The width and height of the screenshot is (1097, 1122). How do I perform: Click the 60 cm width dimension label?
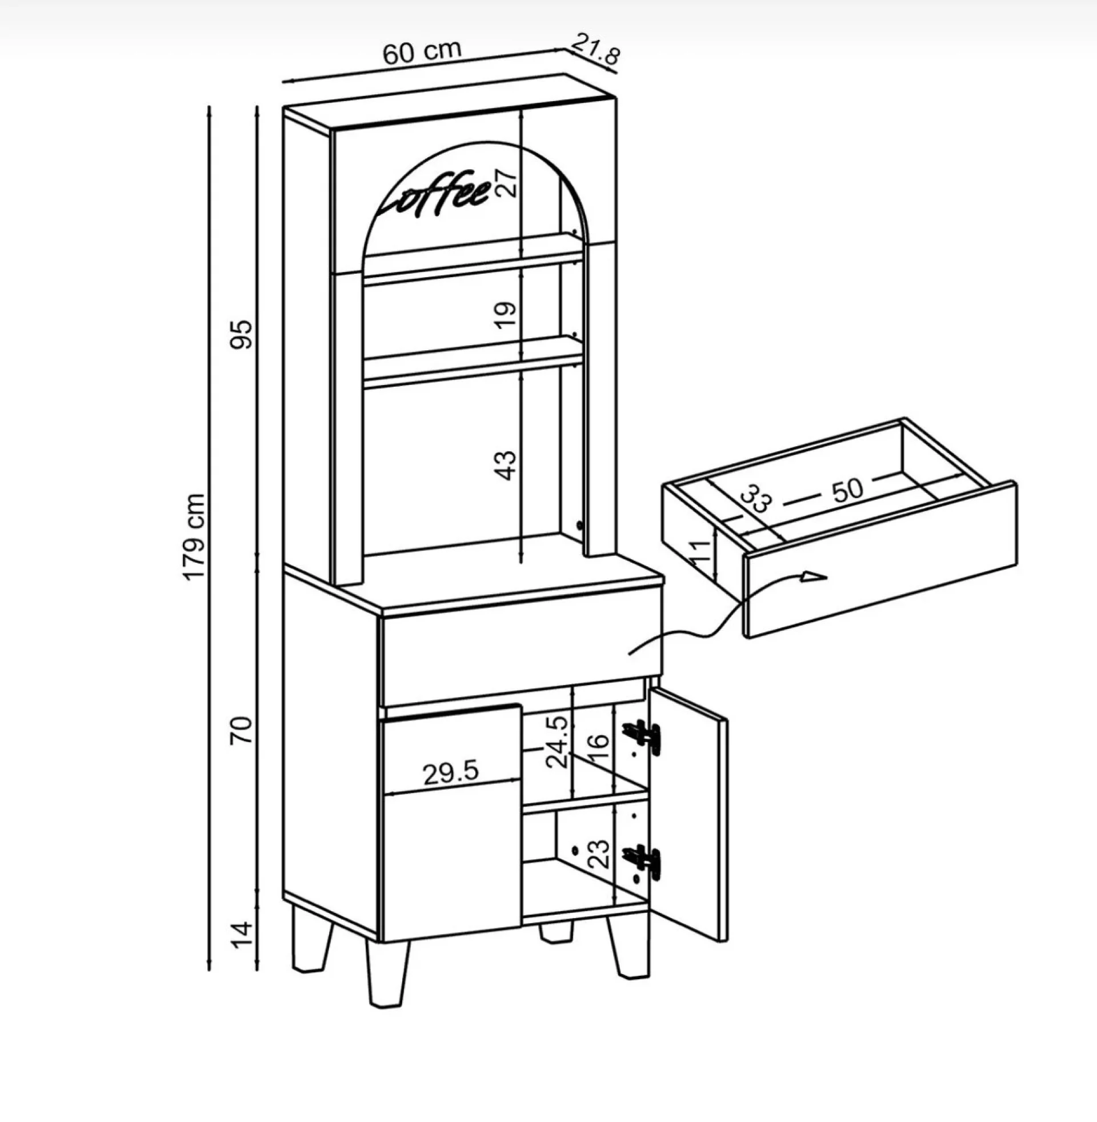[422, 51]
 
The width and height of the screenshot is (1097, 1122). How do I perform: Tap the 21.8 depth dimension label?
[596, 49]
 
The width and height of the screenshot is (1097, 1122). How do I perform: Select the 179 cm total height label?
[195, 537]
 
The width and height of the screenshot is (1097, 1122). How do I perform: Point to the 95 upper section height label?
[242, 334]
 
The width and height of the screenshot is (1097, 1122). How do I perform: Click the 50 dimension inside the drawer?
[847, 489]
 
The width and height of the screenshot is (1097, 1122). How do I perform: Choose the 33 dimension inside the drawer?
[755, 499]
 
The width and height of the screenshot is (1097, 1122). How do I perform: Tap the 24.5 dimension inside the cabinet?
[557, 742]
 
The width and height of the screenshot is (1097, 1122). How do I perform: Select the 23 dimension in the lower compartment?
[598, 748]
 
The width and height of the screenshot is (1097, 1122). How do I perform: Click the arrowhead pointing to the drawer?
[814, 575]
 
